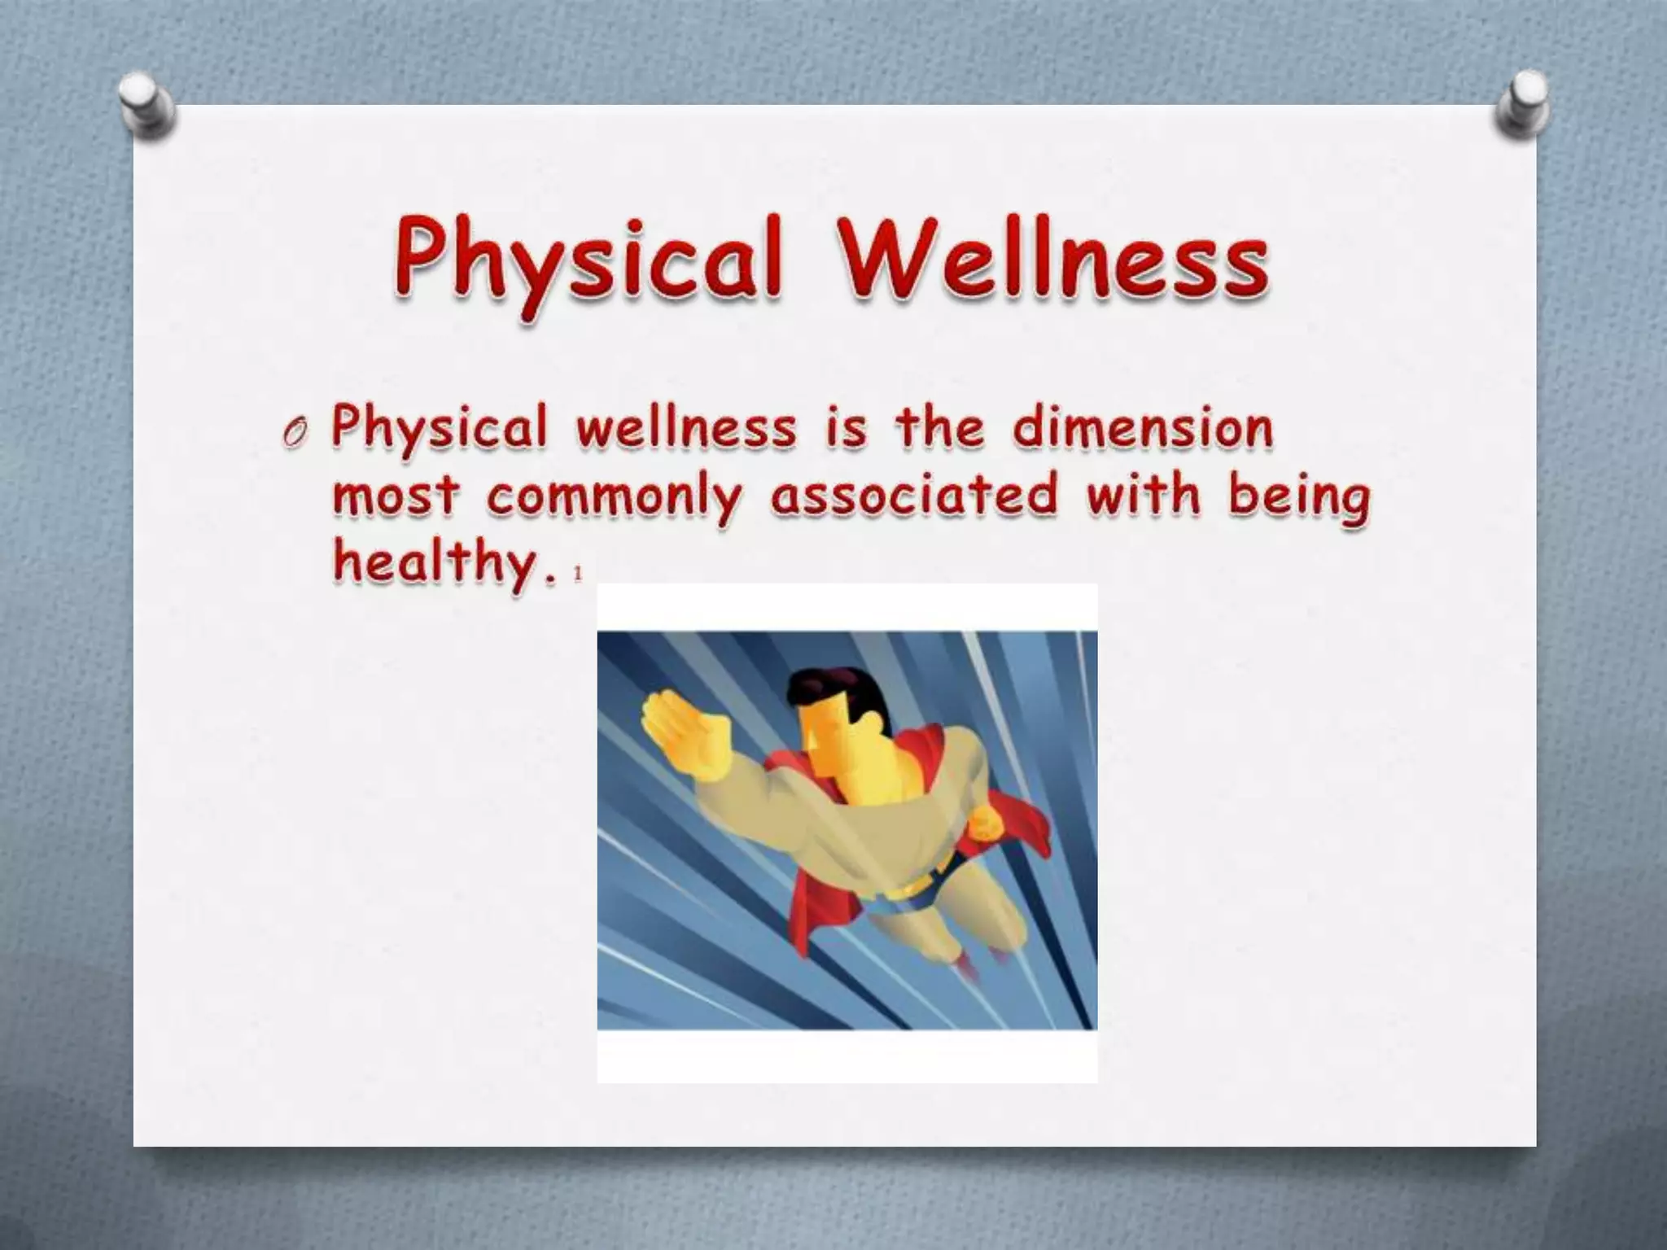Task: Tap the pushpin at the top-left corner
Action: [x=147, y=106]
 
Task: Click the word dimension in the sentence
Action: [x=1142, y=429]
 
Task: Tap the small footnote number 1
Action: [x=578, y=575]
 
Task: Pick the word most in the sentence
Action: [x=396, y=496]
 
